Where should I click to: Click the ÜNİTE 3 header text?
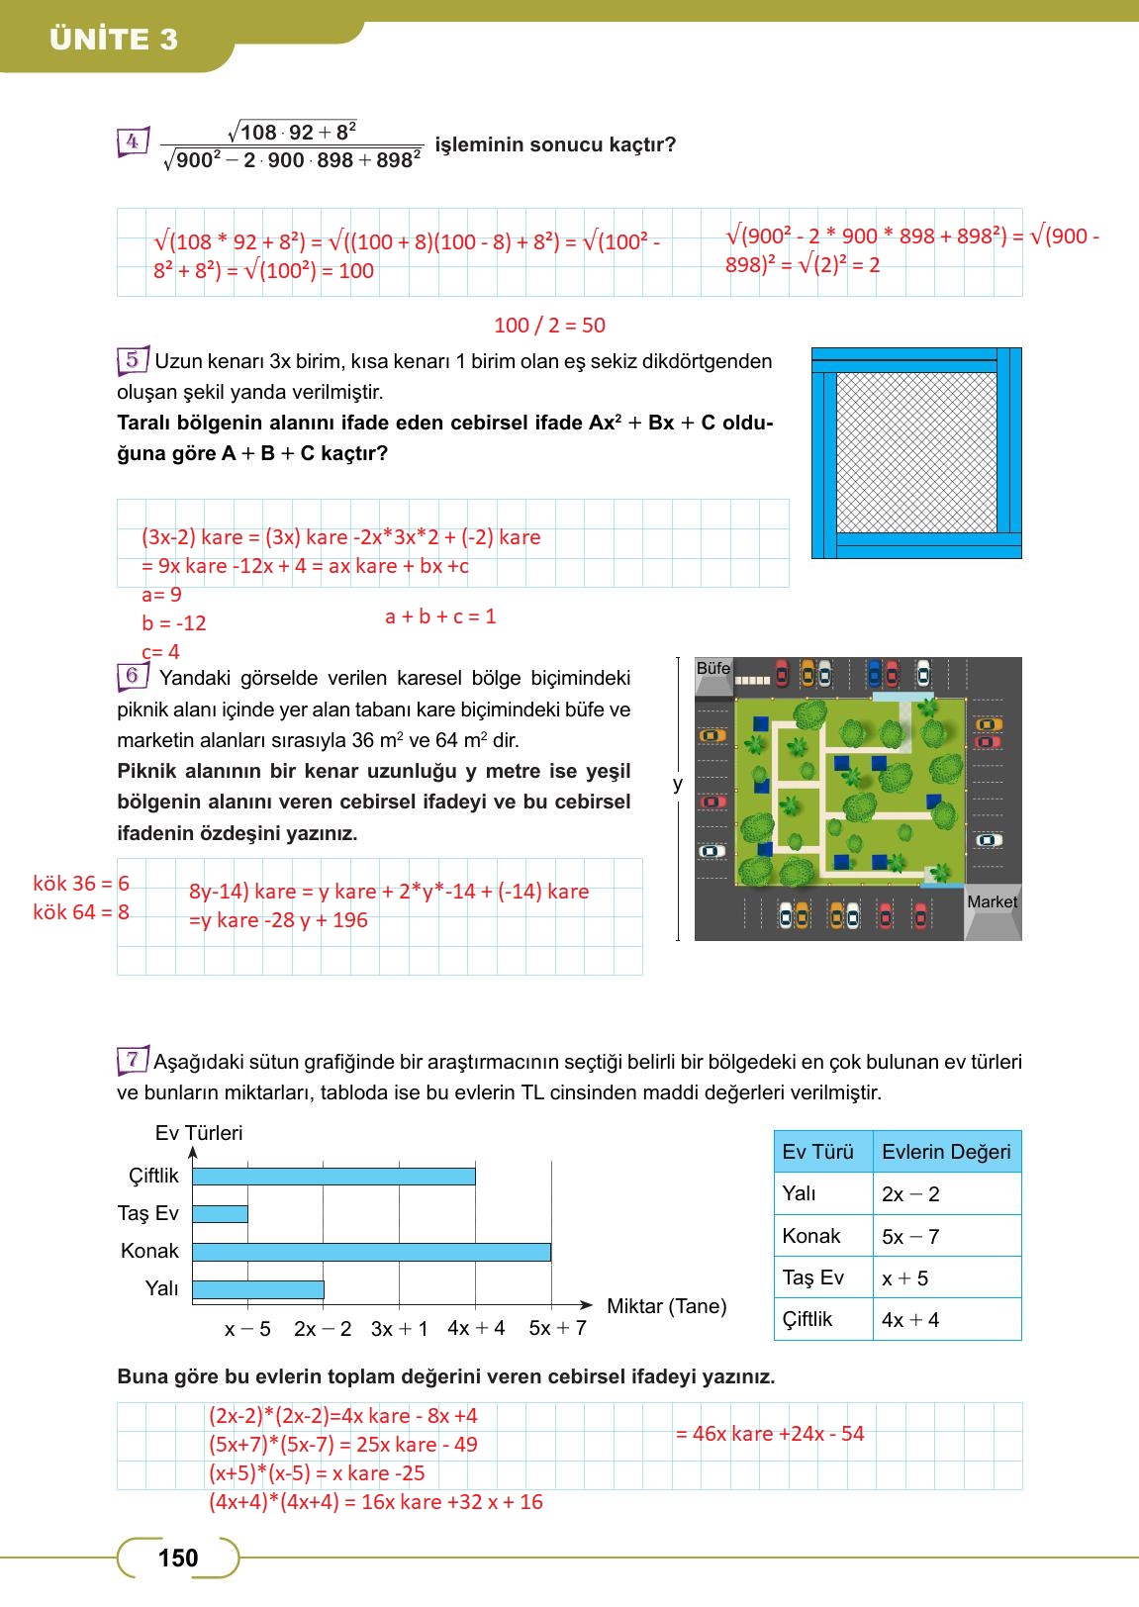114,40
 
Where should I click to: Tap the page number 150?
178,1559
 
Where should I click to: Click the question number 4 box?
132,142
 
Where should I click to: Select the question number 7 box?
132,1060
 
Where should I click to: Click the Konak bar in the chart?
371,1252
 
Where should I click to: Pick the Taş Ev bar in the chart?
220,1214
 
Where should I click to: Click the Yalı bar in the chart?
257,1289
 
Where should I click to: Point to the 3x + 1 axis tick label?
399,1329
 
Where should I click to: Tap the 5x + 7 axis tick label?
557,1328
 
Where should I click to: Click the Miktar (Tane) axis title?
666,1306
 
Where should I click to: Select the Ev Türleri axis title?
198,1133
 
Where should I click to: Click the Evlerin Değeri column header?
946,1152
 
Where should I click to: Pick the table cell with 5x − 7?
910,1237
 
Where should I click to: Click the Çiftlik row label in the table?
807,1319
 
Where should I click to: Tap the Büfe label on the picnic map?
712,668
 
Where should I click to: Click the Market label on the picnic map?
992,901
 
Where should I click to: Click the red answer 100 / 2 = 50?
549,326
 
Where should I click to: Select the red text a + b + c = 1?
440,616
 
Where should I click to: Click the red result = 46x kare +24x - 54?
770,1434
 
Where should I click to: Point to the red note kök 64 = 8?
81,912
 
